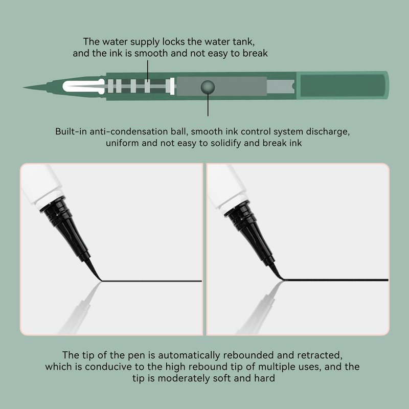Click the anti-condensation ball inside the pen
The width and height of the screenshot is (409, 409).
point(208,87)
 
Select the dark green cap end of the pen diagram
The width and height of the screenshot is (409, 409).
point(343,85)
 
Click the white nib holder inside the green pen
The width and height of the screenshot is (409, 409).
point(83,86)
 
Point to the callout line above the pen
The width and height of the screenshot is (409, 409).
point(148,72)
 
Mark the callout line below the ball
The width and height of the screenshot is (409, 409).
point(208,105)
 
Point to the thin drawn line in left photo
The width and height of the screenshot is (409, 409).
point(151,281)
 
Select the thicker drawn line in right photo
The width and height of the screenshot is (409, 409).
point(336,280)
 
